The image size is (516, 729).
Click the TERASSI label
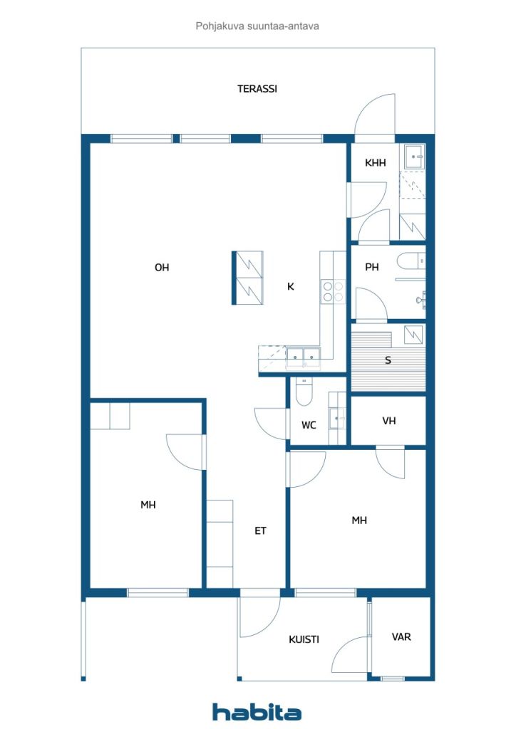[x=257, y=88]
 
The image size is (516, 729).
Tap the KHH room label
[x=375, y=163]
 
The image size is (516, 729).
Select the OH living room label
[x=162, y=268]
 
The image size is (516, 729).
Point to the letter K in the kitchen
[x=290, y=286]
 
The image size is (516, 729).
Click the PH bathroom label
[x=372, y=267]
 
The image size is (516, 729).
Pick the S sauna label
[x=388, y=360]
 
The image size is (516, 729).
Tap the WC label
[x=309, y=425]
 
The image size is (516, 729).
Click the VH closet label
[x=389, y=421]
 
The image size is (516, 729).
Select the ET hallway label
[x=260, y=530]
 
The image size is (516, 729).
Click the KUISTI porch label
[x=304, y=640]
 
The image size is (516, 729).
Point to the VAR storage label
[x=401, y=637]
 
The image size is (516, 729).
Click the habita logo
[x=257, y=712]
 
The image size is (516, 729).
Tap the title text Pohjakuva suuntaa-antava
[x=257, y=26]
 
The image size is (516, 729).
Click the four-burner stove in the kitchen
[x=333, y=291]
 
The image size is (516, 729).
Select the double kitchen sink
[x=303, y=357]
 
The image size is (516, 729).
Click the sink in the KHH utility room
[x=413, y=157]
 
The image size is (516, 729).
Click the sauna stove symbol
[x=413, y=335]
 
